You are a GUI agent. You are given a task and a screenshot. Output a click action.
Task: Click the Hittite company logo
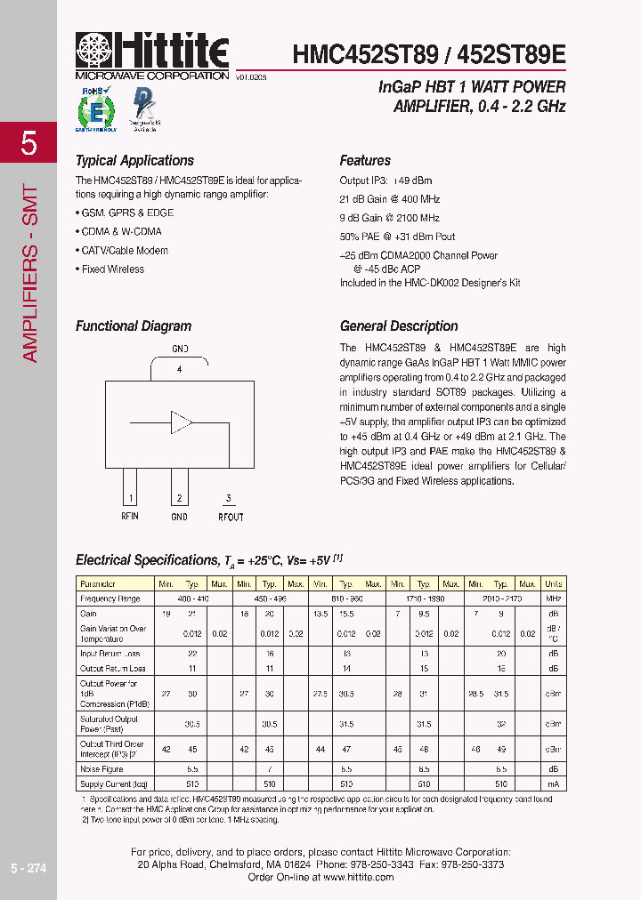152,54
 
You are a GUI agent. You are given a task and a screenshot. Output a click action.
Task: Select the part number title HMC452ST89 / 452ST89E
428,53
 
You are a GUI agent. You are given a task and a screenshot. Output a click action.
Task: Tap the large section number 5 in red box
28,142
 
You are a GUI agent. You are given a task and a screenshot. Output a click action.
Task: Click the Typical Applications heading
134,161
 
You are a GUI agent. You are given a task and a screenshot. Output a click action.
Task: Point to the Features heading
365,161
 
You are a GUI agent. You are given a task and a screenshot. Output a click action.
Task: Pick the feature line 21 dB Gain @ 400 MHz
389,199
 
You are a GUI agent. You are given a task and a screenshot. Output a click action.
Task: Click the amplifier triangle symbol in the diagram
181,422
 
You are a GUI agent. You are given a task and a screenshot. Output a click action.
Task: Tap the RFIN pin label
130,517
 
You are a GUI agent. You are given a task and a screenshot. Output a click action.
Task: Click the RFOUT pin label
230,517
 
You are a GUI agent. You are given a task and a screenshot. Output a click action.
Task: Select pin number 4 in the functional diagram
179,368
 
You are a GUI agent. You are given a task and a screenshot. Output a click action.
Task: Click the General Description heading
399,326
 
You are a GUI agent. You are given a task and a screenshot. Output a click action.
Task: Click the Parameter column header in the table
98,584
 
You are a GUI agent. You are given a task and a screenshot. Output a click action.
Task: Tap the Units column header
553,584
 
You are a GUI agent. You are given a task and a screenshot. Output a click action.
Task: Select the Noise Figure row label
101,768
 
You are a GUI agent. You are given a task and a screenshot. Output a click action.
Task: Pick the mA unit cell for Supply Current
553,784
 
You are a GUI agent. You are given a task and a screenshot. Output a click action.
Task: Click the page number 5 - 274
28,868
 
